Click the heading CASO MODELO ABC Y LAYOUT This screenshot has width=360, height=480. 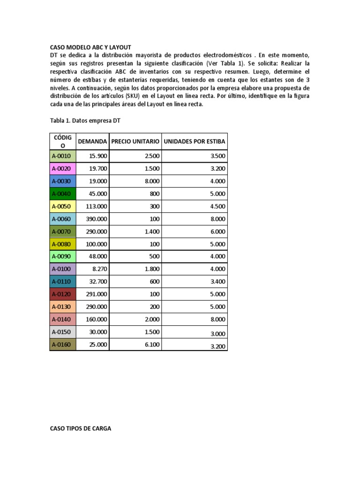click(x=90, y=47)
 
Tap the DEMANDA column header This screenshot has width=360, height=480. click(x=92, y=141)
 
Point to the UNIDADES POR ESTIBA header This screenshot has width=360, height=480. click(x=195, y=141)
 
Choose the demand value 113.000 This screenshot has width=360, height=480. click(x=97, y=206)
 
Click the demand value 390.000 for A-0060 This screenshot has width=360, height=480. click(x=97, y=219)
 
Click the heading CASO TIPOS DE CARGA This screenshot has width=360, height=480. click(x=80, y=428)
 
